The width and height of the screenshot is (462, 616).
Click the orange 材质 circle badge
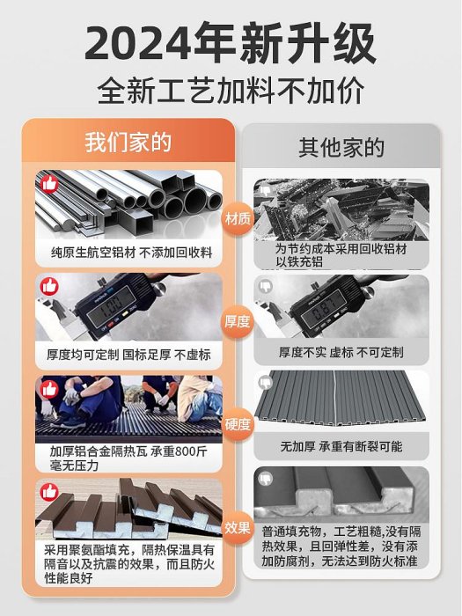tap(238, 218)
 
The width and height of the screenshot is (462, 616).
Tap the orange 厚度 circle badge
tap(238, 322)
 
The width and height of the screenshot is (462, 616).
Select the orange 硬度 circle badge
tap(238, 424)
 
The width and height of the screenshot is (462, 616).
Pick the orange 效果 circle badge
tap(238, 528)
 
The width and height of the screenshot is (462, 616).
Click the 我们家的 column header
tap(128, 143)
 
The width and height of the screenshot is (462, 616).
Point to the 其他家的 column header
tap(341, 148)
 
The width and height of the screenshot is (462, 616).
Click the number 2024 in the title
tap(138, 43)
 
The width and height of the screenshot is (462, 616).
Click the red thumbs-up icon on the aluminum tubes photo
tap(49, 183)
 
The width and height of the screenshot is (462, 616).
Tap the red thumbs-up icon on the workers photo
tap(49, 389)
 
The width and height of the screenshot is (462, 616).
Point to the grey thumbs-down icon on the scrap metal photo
tap(266, 191)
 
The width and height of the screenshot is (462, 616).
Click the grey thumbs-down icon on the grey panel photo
tap(266, 381)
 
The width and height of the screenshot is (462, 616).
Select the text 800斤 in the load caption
tap(191, 451)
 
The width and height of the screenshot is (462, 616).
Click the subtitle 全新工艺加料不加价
tap(231, 92)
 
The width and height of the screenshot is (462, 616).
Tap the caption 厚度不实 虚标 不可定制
tap(341, 352)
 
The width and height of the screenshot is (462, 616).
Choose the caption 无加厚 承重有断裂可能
tap(341, 446)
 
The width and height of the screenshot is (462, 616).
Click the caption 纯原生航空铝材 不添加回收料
tap(132, 253)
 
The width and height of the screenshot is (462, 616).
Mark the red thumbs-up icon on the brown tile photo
tap(49, 492)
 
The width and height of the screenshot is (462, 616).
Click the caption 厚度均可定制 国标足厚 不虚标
tap(128, 355)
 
